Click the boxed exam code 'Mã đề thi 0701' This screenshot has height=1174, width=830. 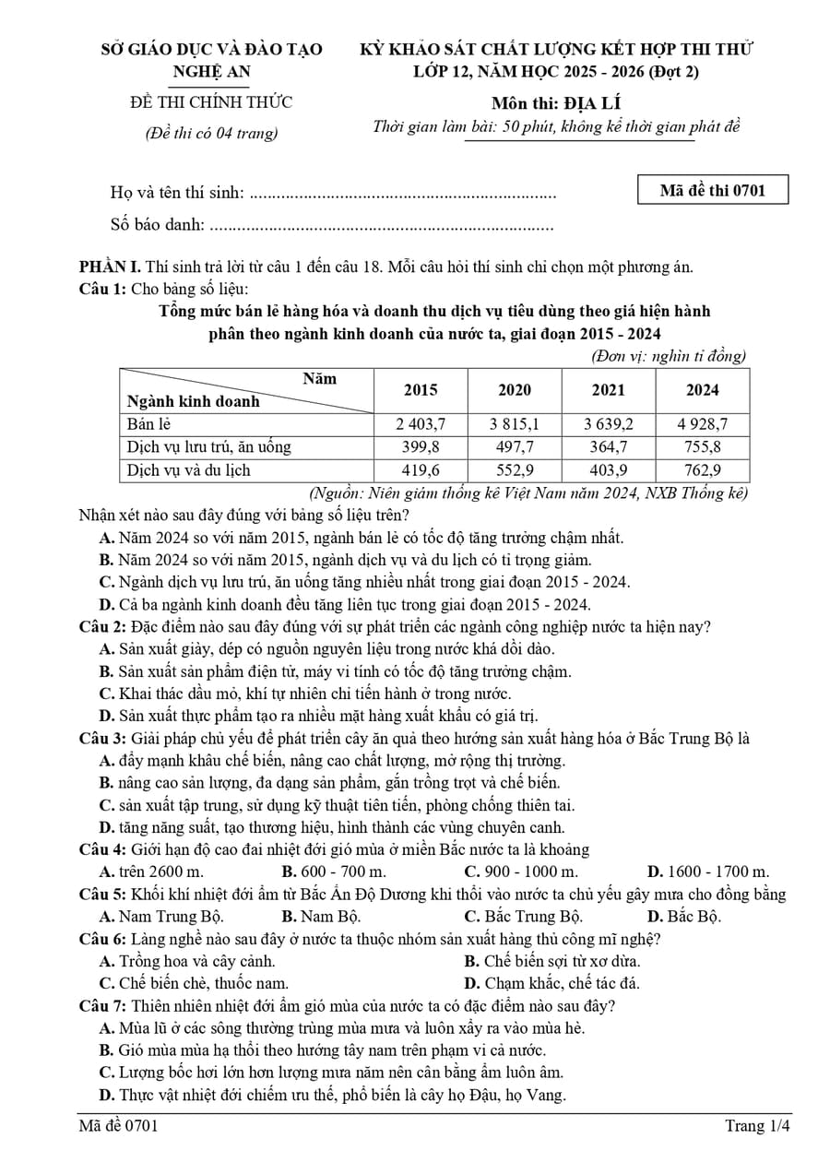713,191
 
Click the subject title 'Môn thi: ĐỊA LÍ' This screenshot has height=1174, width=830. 556,102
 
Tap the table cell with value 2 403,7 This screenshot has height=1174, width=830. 421,423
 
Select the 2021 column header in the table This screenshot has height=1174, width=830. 608,389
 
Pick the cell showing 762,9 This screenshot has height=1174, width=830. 702,469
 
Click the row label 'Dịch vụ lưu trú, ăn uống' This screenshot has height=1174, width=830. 208,446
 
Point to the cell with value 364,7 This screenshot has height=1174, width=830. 608,446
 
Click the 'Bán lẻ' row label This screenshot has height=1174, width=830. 149,423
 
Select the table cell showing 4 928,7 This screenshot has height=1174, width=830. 702,423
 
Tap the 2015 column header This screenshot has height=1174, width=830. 421,389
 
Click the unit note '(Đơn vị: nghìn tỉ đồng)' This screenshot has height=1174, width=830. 668,356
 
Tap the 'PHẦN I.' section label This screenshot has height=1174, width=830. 110,267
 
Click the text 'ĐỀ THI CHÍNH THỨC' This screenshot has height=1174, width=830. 211,102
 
